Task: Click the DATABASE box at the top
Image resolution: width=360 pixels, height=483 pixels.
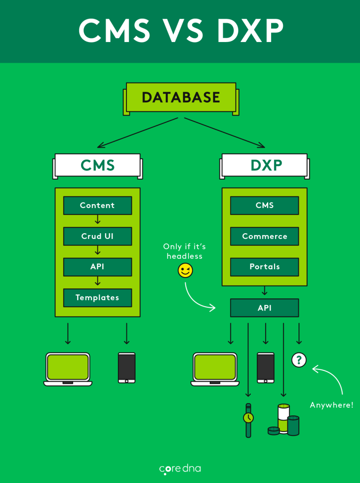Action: click(x=181, y=97)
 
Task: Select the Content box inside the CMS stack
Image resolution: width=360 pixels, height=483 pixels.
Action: click(x=97, y=206)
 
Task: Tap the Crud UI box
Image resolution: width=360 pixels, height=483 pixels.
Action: click(x=97, y=236)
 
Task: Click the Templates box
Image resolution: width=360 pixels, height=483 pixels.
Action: click(x=97, y=297)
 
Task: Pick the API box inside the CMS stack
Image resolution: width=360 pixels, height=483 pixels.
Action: click(x=97, y=267)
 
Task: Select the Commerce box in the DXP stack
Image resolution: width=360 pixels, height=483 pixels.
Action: click(x=264, y=236)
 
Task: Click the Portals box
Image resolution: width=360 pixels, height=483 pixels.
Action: click(x=264, y=267)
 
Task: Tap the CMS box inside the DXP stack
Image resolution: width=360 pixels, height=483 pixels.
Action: click(x=264, y=206)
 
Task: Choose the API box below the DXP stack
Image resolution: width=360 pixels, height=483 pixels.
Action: click(x=264, y=308)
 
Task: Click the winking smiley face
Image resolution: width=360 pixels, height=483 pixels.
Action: click(x=185, y=271)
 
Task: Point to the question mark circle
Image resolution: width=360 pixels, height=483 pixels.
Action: click(x=299, y=359)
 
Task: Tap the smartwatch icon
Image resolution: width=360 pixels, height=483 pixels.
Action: click(x=248, y=420)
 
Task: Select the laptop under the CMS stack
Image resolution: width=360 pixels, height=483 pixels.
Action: click(x=68, y=369)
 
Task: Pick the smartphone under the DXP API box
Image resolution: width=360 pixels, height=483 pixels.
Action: click(x=266, y=368)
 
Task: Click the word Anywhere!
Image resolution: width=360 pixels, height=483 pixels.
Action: click(x=331, y=405)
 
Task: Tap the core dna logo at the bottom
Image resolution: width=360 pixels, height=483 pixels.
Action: click(x=180, y=469)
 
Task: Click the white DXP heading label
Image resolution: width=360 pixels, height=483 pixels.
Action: click(x=266, y=165)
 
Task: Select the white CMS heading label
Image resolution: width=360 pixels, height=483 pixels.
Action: click(x=97, y=165)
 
